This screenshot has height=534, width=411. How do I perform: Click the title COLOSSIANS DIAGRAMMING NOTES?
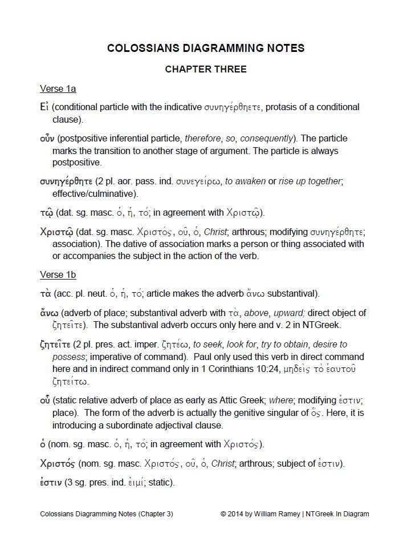pyautogui.click(x=205, y=48)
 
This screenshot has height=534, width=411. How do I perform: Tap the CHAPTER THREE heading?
pyautogui.click(x=205, y=70)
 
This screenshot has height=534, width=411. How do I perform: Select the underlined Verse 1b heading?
pyautogui.click(x=58, y=275)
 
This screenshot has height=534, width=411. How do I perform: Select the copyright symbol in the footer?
pyautogui.click(x=223, y=514)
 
